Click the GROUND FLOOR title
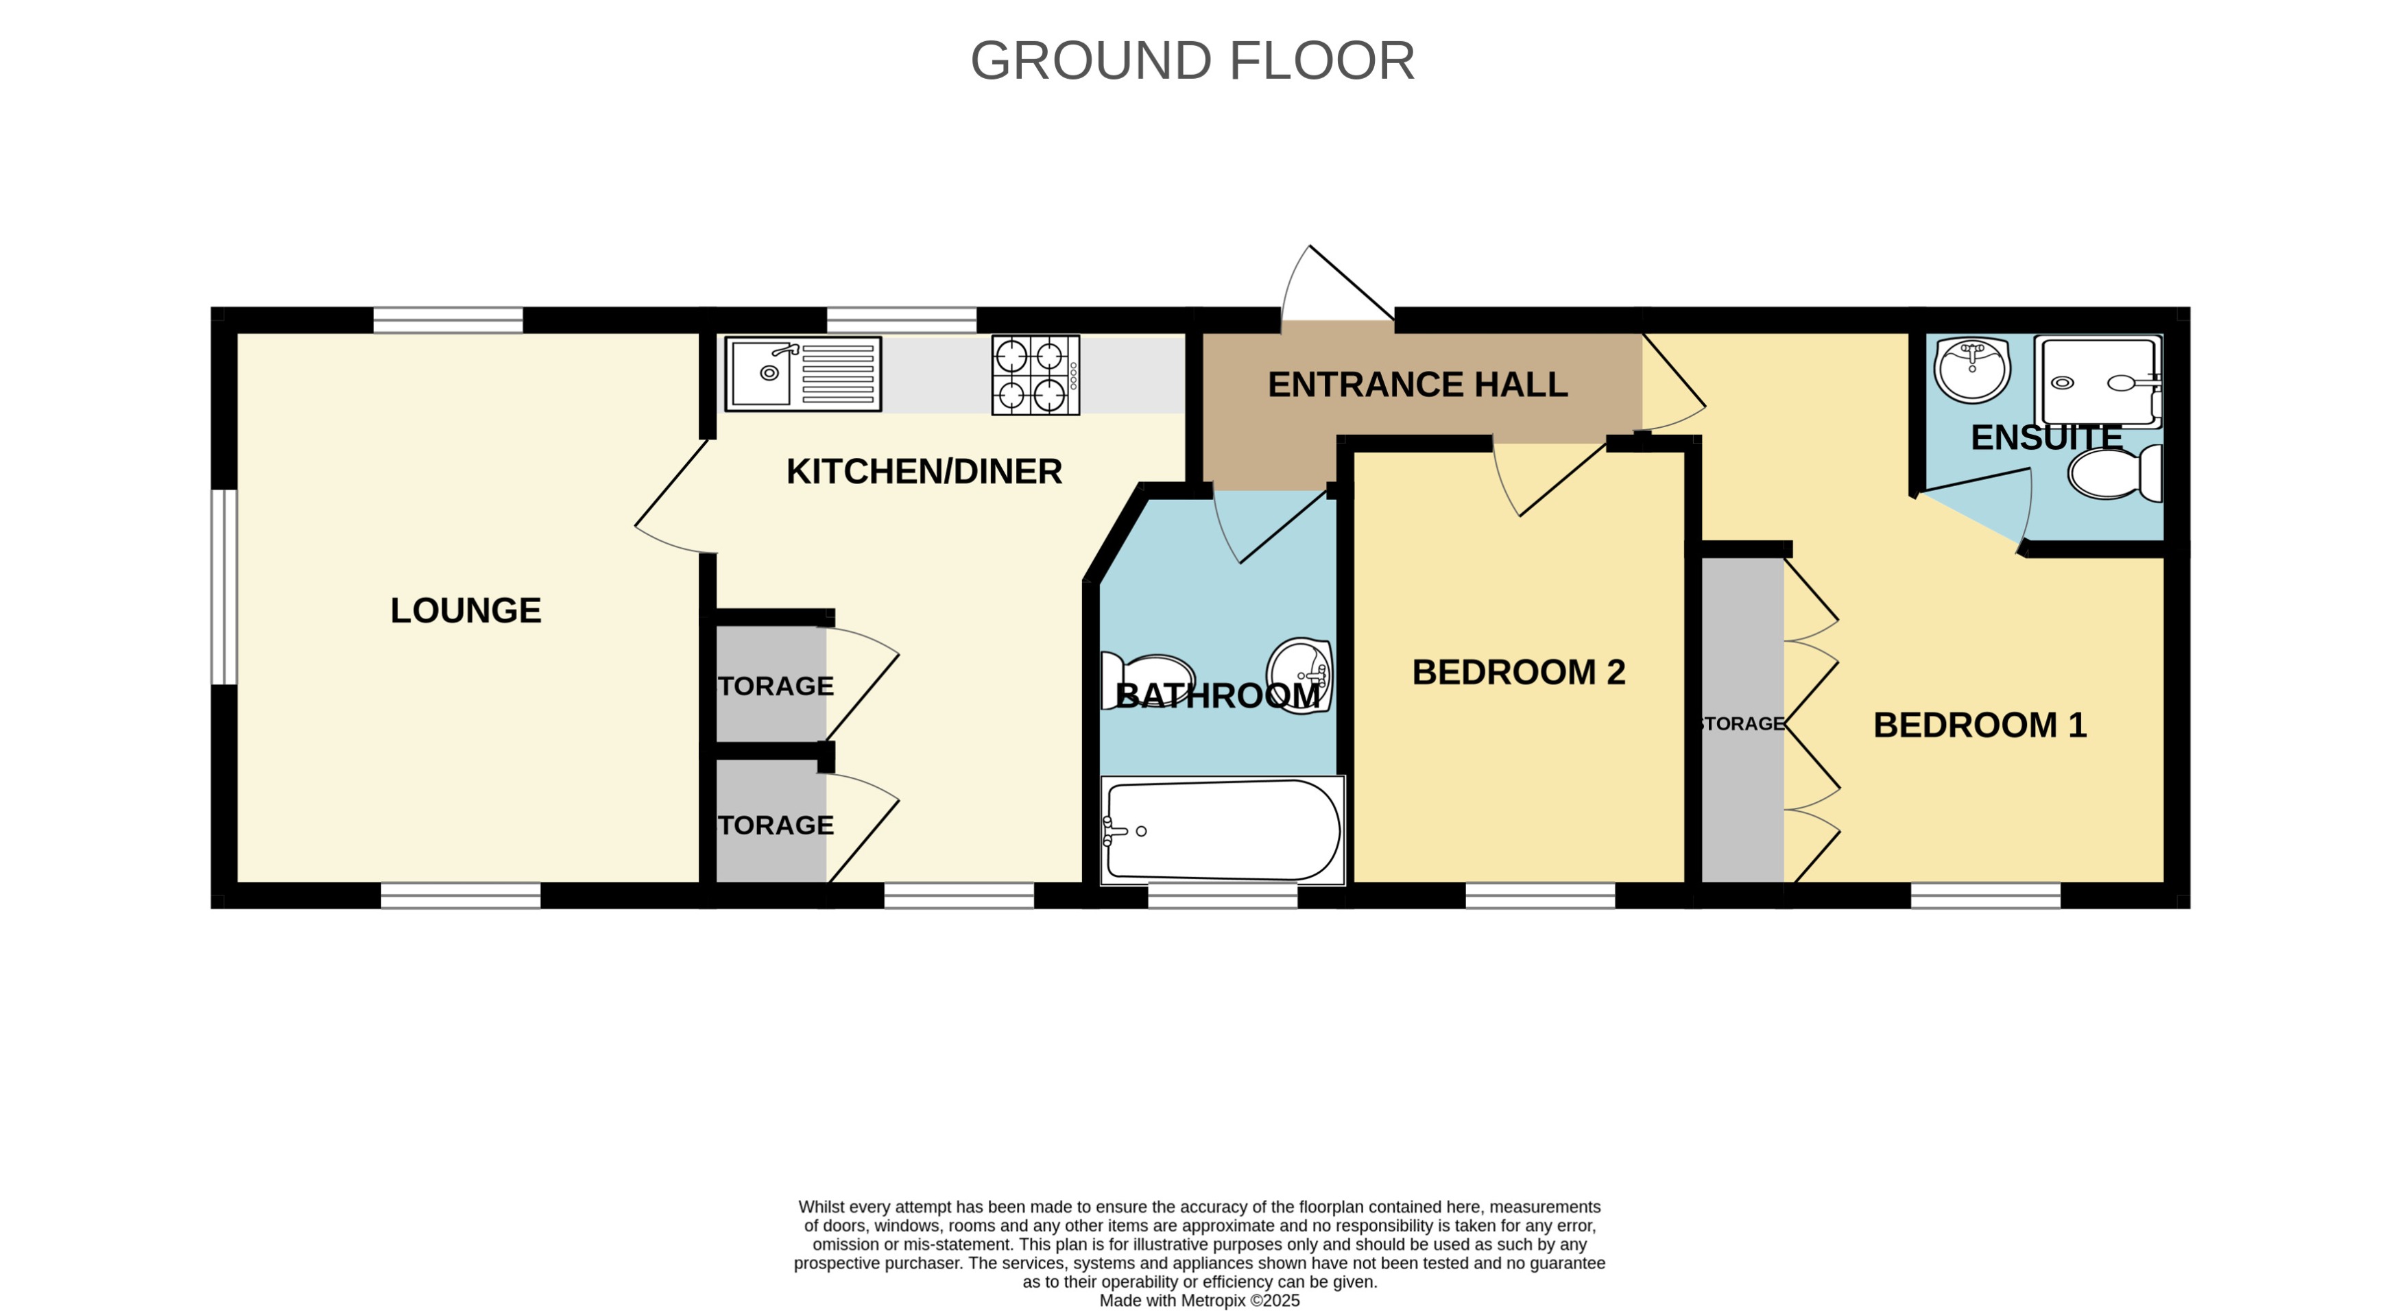pos(1192,62)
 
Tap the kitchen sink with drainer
pos(802,374)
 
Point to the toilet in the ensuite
pos(2114,473)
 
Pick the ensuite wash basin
pos(1971,369)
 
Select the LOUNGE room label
pos(465,611)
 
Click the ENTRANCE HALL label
pos(1417,385)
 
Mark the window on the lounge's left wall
pos(224,587)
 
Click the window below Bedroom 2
pos(1539,896)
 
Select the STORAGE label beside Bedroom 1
pos(1740,724)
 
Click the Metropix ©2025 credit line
pos(1199,1301)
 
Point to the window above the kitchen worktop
pos(901,320)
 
